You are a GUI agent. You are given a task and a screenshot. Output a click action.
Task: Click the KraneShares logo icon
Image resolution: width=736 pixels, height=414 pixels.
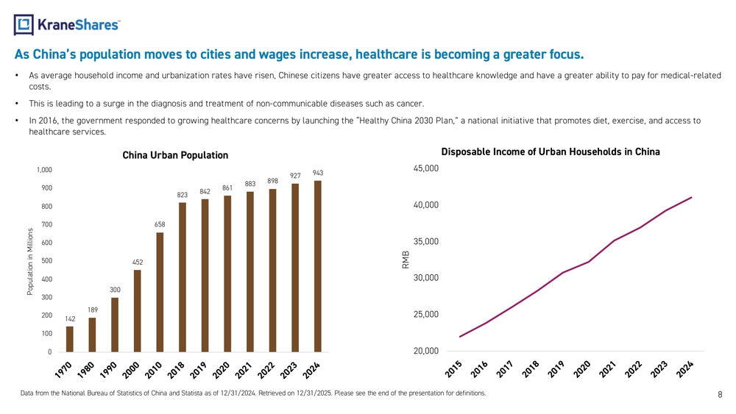point(24,25)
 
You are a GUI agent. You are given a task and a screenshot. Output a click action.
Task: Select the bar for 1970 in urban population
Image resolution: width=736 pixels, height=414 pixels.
point(70,339)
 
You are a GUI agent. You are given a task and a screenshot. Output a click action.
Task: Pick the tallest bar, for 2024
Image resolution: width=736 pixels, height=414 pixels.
point(318,266)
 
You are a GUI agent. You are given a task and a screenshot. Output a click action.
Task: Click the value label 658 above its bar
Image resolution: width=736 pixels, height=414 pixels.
point(160,224)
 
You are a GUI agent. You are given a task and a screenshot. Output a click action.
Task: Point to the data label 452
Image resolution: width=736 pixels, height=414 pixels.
point(137,262)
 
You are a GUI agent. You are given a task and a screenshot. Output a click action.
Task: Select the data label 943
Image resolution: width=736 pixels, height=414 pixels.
point(318,173)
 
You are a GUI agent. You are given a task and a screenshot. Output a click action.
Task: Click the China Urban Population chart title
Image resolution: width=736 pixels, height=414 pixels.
point(175,155)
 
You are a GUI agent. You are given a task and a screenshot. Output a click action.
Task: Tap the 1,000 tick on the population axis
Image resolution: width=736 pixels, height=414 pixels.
point(44,170)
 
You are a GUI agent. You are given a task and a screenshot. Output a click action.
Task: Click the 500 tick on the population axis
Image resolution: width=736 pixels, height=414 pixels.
point(46,261)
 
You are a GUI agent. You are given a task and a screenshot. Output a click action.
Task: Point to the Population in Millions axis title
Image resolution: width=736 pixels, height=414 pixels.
point(30,261)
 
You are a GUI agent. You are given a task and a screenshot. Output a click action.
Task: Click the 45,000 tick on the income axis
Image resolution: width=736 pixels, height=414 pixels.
point(426,168)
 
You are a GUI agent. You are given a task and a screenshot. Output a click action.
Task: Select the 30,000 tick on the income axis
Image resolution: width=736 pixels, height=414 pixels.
point(426,278)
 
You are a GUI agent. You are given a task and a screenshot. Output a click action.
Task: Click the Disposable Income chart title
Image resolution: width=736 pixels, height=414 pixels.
point(550,151)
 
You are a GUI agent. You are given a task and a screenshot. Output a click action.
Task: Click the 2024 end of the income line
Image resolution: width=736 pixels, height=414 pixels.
point(691,197)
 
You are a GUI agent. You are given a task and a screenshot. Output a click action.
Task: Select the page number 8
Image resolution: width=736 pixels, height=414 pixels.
point(720,395)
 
